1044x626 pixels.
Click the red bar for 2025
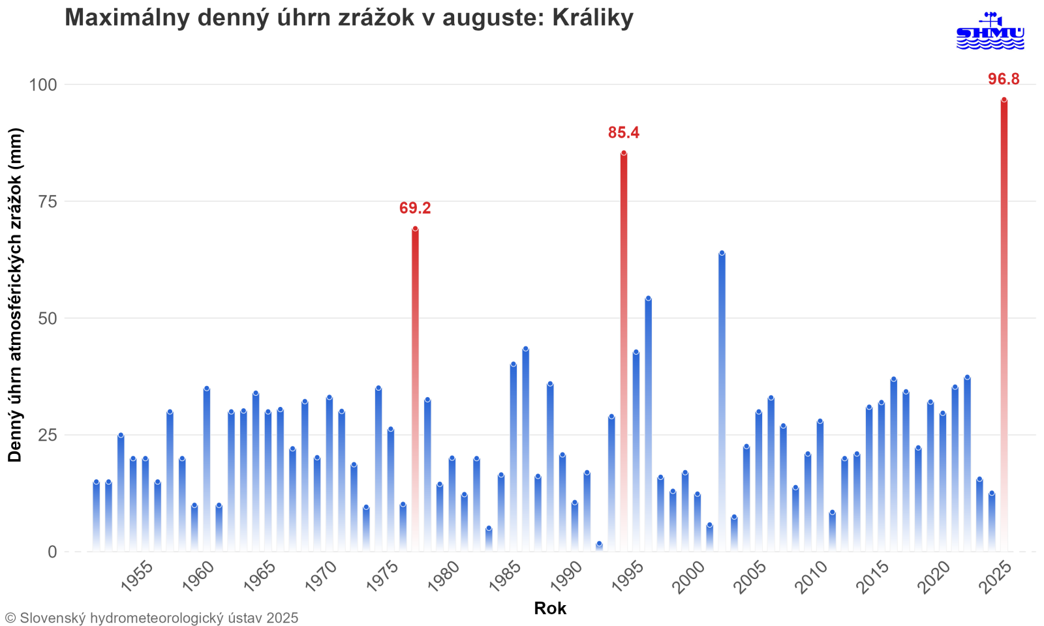1004,326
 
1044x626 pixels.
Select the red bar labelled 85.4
624,352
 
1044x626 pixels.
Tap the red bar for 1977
415,391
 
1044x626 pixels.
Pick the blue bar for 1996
648,424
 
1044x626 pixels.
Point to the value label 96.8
1004,80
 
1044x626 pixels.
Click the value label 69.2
415,208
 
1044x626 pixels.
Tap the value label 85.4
624,133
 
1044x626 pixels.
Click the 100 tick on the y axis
43,85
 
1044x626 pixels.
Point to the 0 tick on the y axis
52,552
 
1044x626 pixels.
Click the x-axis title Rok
550,608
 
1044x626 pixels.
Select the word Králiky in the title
592,18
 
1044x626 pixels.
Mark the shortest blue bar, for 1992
599,546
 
